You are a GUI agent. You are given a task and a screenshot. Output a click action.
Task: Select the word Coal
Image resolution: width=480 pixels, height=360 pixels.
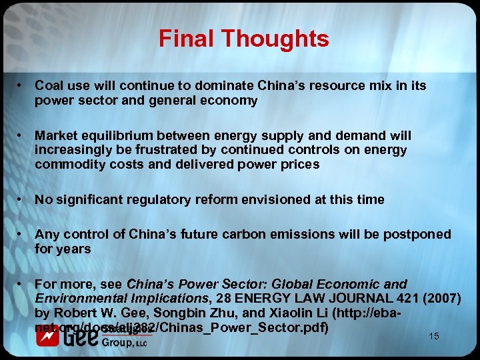pyautogui.click(x=49, y=86)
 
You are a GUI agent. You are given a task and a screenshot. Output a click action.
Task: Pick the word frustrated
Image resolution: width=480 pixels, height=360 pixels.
pyautogui.click(x=177, y=151)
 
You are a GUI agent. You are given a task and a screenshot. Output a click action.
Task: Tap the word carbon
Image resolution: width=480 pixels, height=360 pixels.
pyautogui.click(x=263, y=235)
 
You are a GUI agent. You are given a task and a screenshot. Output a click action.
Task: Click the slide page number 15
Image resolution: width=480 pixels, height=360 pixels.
pyautogui.click(x=434, y=336)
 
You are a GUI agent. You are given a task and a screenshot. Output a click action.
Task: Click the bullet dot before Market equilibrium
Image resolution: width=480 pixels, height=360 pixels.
pyautogui.click(x=22, y=136)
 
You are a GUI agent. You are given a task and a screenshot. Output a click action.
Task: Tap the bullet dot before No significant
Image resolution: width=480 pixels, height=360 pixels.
pyautogui.click(x=22, y=199)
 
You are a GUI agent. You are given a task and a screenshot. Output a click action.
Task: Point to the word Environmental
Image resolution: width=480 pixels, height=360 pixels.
pyautogui.click(x=74, y=298)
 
